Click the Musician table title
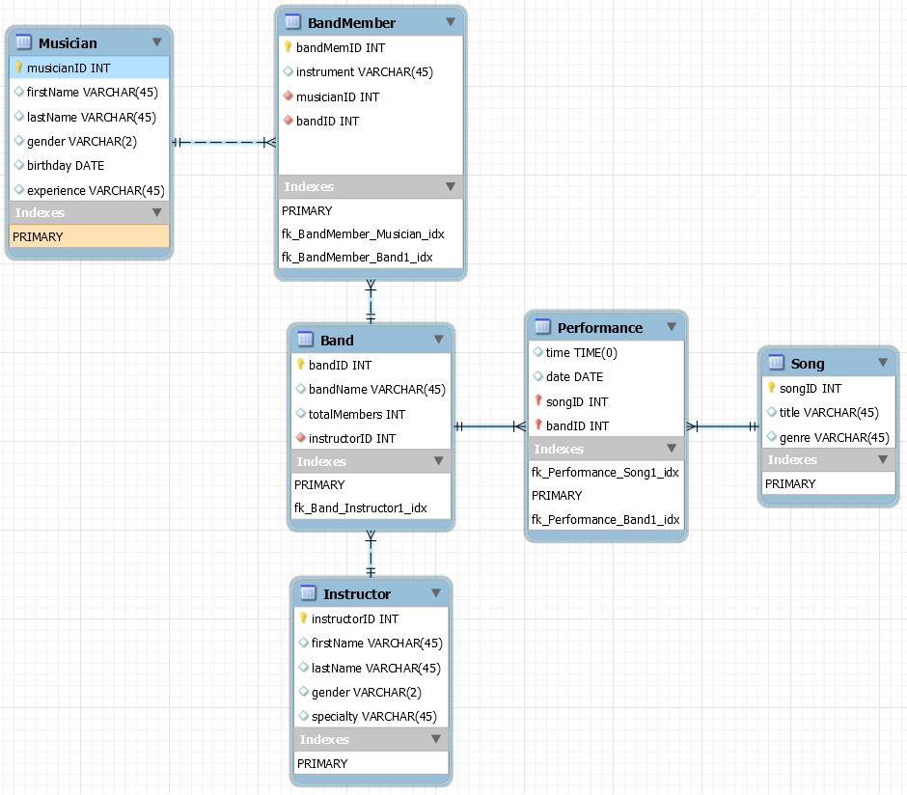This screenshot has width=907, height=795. [68, 42]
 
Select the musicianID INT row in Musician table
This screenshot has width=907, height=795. [69, 68]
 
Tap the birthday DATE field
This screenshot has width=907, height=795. [66, 166]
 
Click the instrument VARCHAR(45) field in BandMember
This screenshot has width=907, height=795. [364, 72]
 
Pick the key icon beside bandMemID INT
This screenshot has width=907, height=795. [288, 47]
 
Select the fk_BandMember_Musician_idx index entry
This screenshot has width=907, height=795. [363, 233]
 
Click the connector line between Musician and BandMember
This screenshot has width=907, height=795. [224, 143]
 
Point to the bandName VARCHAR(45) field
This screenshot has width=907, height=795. [376, 390]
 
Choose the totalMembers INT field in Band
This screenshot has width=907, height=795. [356, 414]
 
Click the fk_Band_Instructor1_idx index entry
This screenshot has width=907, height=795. [360, 508]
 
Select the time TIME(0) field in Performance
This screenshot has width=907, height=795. [581, 353]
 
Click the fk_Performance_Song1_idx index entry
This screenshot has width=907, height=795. [605, 472]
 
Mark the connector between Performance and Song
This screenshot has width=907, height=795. [722, 425]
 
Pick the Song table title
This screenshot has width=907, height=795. [808, 364]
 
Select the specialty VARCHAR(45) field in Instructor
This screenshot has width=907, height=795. [373, 717]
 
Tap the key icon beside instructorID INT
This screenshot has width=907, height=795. [303, 618]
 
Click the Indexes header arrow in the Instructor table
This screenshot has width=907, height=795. [436, 739]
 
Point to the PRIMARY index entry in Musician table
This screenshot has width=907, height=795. [38, 236]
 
